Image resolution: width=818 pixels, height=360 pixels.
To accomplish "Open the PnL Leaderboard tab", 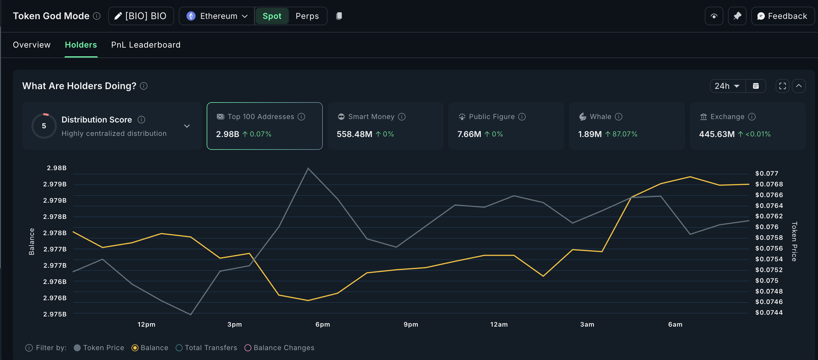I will (x=145, y=45).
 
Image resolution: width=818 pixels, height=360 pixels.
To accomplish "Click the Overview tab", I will (x=31, y=45).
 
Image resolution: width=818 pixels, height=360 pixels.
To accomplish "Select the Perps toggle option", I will (x=307, y=16).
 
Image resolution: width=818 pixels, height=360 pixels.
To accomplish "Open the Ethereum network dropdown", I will (x=217, y=16).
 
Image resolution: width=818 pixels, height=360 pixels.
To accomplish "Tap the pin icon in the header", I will (x=737, y=16).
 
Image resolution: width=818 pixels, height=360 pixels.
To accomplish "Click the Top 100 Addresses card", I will (x=264, y=126).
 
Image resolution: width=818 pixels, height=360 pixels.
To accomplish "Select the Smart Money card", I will (x=385, y=126).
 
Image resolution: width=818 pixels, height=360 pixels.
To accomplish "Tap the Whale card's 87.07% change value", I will (x=624, y=134).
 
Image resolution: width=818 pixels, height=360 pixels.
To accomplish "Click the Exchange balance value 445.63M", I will (x=716, y=134).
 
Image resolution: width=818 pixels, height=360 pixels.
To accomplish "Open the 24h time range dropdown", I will (x=727, y=86).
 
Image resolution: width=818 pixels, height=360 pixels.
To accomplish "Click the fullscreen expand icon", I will (x=782, y=86).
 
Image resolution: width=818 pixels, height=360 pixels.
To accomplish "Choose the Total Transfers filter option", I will (x=206, y=348).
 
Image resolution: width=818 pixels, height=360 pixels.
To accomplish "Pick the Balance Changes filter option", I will (x=280, y=348).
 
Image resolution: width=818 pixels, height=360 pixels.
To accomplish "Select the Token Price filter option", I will (x=99, y=348).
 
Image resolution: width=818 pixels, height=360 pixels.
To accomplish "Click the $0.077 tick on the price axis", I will (x=766, y=173).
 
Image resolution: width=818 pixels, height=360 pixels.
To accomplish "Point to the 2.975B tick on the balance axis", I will (x=55, y=314).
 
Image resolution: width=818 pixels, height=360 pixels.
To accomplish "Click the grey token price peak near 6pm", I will (x=308, y=168).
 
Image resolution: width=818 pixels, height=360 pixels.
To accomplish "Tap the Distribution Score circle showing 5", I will (x=44, y=126).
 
